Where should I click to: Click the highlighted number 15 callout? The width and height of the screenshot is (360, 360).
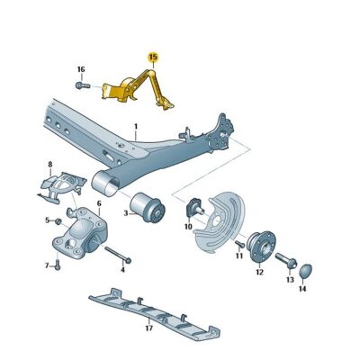pos(152,57)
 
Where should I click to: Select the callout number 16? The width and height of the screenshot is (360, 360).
pos(80,69)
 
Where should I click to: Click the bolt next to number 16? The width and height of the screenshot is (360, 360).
pos(80,85)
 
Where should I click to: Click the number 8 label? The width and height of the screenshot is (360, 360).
pos(50,165)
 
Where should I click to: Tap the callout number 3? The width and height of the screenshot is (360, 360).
pos(125,213)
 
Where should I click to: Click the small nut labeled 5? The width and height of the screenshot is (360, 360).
pos(58,220)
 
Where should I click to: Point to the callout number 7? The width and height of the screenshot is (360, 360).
pos(48,265)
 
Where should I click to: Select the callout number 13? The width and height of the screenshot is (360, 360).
pos(291,280)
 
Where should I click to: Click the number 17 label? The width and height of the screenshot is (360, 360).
pos(148,329)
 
